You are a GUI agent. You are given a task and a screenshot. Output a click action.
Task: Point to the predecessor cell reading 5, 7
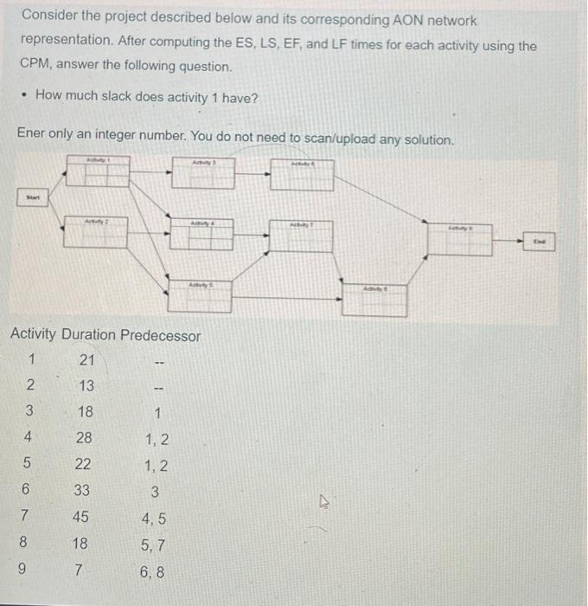pyautogui.click(x=155, y=545)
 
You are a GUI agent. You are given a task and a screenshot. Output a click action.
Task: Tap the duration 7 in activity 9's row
pyautogui.click(x=80, y=571)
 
